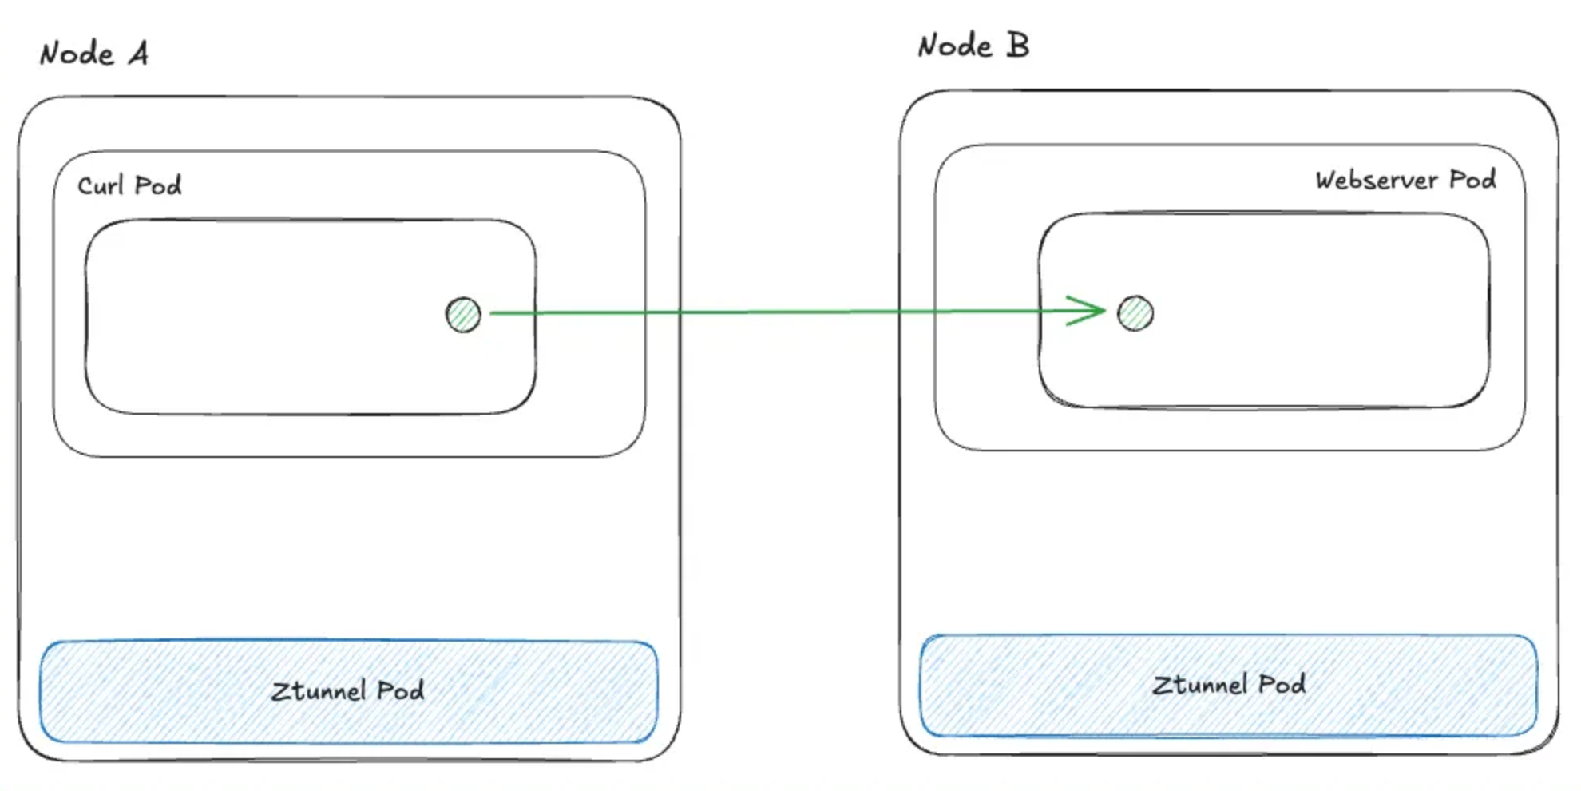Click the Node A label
94,54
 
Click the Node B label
973,46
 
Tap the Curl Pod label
129,185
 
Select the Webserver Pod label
1405,180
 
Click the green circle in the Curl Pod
463,314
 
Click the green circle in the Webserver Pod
1135,313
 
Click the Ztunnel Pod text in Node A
347,690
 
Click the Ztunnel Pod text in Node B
1229,685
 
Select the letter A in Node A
138,54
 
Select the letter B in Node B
1017,45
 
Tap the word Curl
101,185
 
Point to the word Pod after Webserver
1472,180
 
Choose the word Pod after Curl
158,185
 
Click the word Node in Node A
77,54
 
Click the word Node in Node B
955,46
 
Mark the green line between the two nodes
790,312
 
